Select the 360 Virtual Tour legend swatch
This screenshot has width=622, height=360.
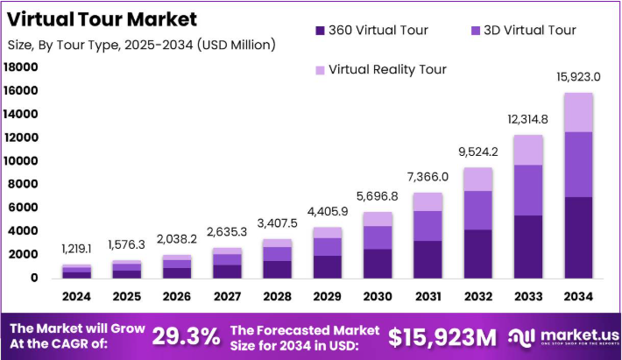[319, 31]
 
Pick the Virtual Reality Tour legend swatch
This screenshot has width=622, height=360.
[319, 69]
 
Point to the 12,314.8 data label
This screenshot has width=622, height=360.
[527, 120]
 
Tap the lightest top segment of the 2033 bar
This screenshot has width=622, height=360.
[527, 150]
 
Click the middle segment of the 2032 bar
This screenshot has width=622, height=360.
[477, 210]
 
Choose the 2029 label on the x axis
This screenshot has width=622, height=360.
[327, 298]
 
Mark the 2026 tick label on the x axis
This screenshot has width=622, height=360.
[176, 298]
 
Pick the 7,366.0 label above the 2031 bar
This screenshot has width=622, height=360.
[428, 177]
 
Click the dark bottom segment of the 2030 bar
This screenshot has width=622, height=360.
[377, 263]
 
